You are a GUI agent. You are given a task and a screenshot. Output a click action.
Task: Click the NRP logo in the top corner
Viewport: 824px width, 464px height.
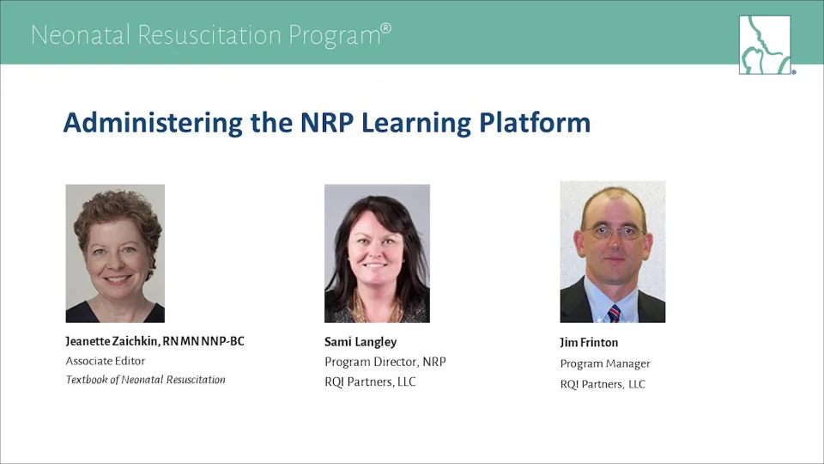coord(765,45)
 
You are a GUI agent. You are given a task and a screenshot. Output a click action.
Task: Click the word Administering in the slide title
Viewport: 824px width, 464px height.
coord(153,124)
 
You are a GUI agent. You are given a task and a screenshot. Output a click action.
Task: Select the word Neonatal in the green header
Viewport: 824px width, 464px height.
coord(81,35)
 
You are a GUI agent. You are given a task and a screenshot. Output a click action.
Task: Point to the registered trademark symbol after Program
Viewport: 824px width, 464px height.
coord(385,27)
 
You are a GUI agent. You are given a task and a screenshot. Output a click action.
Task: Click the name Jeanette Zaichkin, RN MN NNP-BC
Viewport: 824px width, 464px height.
coord(155,341)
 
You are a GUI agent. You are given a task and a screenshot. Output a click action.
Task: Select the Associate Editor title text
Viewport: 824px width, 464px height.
coord(105,361)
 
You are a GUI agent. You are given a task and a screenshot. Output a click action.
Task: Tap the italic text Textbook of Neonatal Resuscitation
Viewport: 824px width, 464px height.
coord(146,380)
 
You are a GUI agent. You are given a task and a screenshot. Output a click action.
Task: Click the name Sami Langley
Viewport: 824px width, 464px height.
coord(360,343)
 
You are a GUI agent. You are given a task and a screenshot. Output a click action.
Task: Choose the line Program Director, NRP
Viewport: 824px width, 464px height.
coord(385,362)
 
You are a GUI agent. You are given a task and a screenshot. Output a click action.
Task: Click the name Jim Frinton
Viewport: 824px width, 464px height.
coord(589,343)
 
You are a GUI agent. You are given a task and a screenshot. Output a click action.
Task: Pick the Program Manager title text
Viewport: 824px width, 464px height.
coord(605,364)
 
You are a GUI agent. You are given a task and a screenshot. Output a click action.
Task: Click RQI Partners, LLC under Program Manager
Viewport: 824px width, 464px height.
coord(603,384)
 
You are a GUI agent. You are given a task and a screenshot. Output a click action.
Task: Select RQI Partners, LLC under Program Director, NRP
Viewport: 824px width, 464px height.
coord(370,382)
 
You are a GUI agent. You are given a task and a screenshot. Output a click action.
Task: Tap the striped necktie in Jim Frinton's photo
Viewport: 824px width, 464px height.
coord(613,313)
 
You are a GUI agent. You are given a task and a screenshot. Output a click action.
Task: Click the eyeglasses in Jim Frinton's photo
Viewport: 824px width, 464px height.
coord(615,232)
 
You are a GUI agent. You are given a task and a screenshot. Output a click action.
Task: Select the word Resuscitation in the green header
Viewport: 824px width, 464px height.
coord(209,35)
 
